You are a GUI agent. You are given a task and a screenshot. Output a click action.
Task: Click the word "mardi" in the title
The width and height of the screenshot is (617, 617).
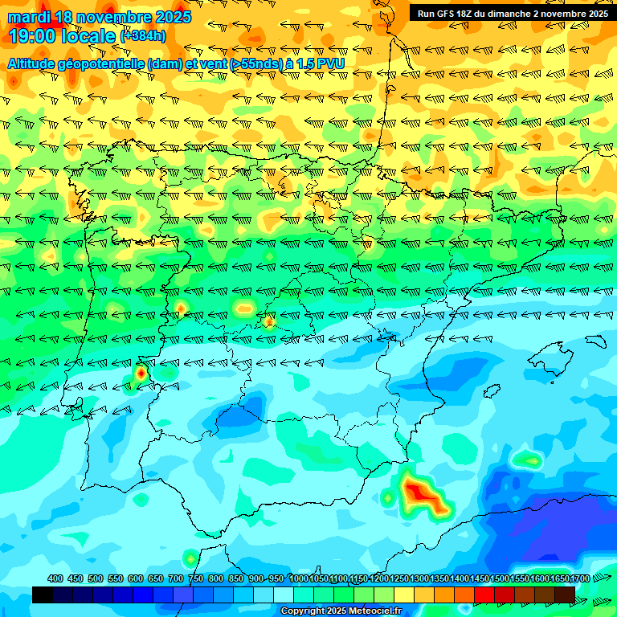pyautogui.click(x=27, y=17)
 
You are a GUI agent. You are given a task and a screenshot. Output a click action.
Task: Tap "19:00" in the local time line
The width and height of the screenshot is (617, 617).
pyautogui.click(x=32, y=35)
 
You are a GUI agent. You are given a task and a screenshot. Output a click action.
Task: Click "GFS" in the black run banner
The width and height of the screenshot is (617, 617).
pyautogui.click(x=448, y=14)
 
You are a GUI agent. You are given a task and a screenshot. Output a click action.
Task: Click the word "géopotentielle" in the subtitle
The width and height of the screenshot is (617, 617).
pyautogui.click(x=100, y=63)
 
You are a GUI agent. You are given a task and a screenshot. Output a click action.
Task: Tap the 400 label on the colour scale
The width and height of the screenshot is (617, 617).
pyautogui.click(x=55, y=579)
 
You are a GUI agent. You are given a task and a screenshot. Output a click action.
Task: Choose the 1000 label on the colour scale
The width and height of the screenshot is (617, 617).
pyautogui.click(x=299, y=579)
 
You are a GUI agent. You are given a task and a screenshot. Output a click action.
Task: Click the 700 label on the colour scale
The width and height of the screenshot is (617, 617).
pyautogui.click(x=176, y=579)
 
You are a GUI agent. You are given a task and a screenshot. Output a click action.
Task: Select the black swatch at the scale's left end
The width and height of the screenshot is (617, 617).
pyautogui.click(x=43, y=595)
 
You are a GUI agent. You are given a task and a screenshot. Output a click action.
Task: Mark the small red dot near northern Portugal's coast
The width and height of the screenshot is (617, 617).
pyautogui.click(x=141, y=373)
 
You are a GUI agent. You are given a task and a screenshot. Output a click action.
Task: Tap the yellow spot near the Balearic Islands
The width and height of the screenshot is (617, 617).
pyautogui.click(x=529, y=460)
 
